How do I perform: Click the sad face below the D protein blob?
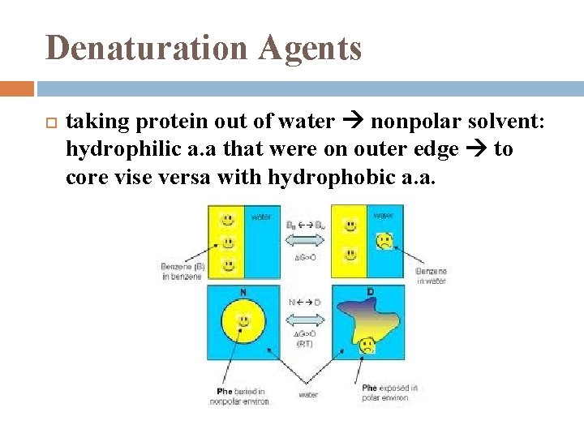click(x=367, y=346)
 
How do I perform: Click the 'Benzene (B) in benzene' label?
click(x=182, y=271)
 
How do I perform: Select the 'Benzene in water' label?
click(x=431, y=276)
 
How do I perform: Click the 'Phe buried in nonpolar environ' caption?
click(x=239, y=395)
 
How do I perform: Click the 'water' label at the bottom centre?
click(x=308, y=395)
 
